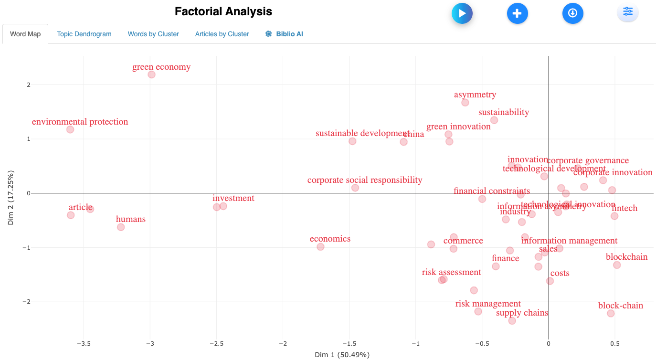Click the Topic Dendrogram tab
pyautogui.click(x=84, y=34)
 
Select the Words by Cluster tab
pyautogui.click(x=153, y=34)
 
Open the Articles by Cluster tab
pyautogui.click(x=222, y=34)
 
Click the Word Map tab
pyautogui.click(x=25, y=34)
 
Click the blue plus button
pyautogui.click(x=517, y=13)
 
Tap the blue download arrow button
pyautogui.click(x=572, y=13)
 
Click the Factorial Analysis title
pyautogui.click(x=223, y=11)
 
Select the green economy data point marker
pyautogui.click(x=151, y=74)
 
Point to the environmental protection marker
pyautogui.click(x=70, y=129)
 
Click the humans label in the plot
pyautogui.click(x=131, y=219)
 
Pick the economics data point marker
pyautogui.click(x=320, y=247)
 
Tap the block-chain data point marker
pyautogui.click(x=611, y=313)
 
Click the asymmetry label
pyautogui.click(x=475, y=95)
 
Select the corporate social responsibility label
pyautogui.click(x=365, y=180)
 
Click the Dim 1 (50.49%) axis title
pyautogui.click(x=342, y=355)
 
